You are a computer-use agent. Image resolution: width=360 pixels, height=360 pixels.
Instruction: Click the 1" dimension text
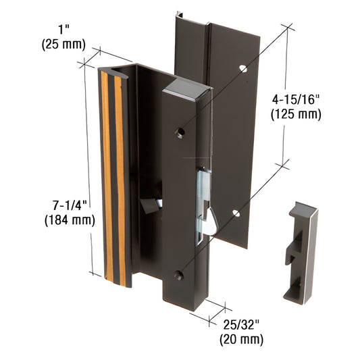(62, 31)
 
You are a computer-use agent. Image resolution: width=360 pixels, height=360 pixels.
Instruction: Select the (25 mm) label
(63, 45)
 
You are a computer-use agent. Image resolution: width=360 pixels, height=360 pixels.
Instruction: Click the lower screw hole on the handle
(178, 275)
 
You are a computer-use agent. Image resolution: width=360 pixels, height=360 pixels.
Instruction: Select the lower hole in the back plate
(236, 213)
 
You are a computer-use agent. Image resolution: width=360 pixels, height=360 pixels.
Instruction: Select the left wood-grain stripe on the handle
(105, 176)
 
